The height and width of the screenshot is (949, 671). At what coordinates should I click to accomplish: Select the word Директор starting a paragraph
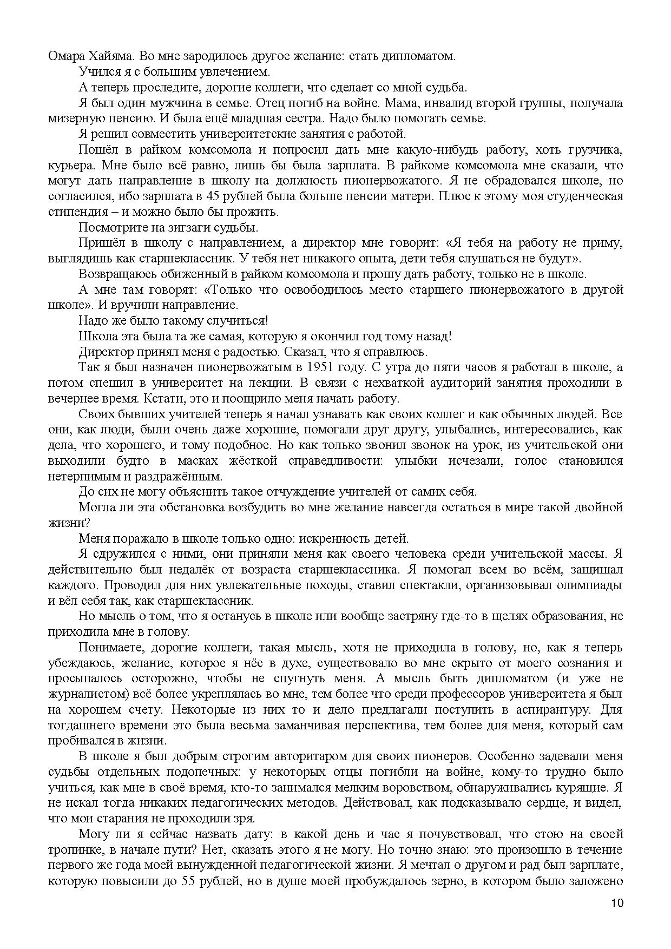coord(106,352)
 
